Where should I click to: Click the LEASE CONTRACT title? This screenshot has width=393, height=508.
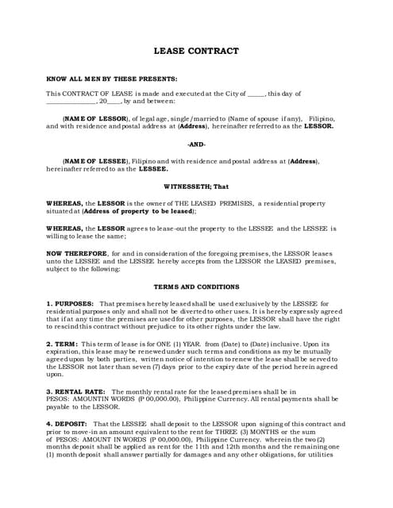195,52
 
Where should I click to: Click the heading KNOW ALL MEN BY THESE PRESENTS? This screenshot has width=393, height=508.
112,79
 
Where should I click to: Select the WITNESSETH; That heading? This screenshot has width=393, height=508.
195,186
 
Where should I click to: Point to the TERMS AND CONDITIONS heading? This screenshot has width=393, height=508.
195,286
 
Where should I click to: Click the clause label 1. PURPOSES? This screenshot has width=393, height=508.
70,303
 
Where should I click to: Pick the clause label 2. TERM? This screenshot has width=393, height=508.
60,344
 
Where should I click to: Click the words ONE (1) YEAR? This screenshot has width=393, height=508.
169,344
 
